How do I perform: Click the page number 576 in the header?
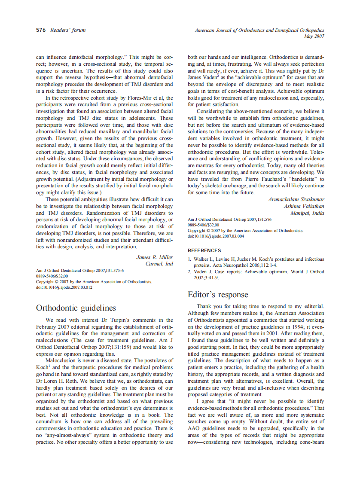[41, 30]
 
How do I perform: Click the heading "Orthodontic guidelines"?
[76, 308]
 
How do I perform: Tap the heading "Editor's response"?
[218, 295]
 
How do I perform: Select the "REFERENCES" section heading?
[204, 250]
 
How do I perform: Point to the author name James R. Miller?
[155, 257]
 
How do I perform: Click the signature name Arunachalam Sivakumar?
[296, 199]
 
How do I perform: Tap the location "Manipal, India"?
[307, 213]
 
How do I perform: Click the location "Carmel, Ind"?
[159, 264]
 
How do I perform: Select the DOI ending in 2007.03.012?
[64, 287]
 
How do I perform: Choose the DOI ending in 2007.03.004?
[216, 236]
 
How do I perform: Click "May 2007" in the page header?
[314, 37]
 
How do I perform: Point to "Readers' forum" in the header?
[68, 30]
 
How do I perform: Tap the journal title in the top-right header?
[259, 31]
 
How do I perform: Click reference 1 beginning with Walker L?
[256, 262]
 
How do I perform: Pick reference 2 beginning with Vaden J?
[256, 275]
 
